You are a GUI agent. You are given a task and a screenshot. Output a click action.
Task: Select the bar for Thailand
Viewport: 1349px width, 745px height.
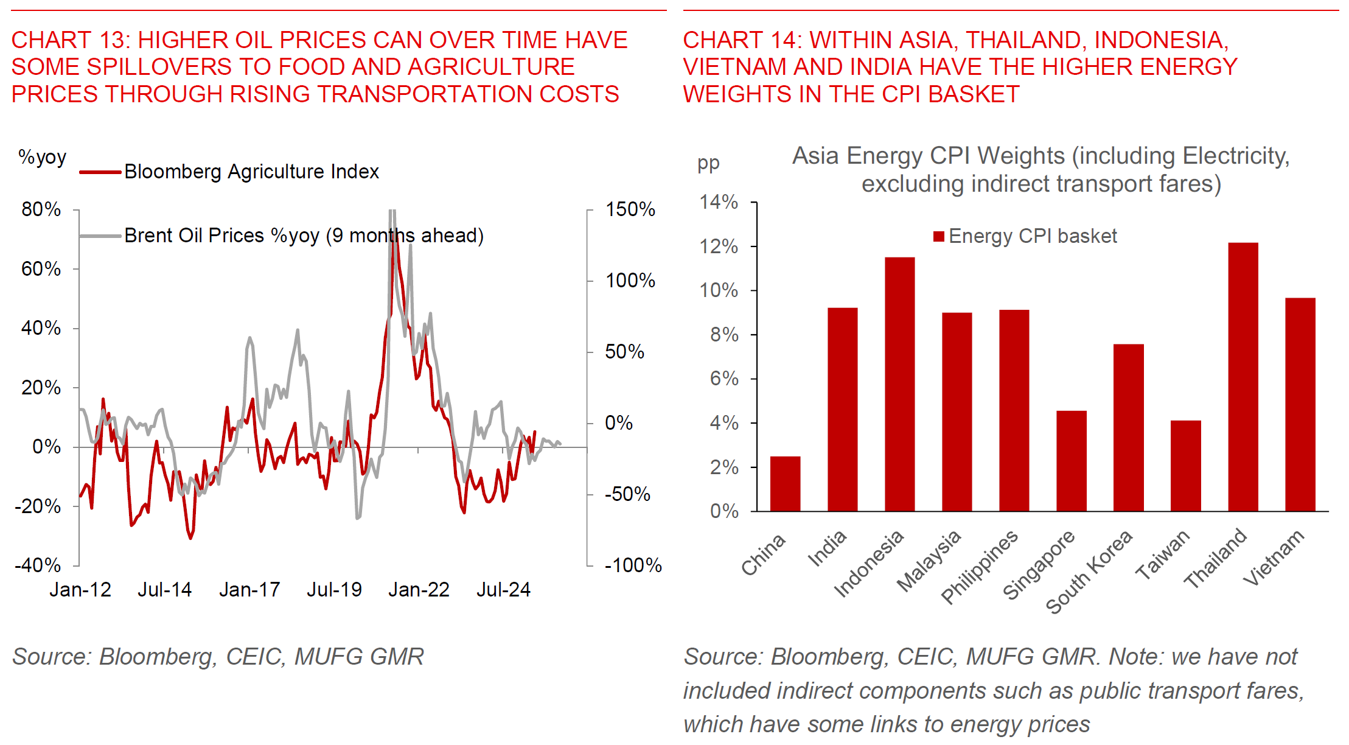point(1243,377)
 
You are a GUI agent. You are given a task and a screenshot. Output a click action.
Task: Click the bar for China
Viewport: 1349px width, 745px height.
point(785,484)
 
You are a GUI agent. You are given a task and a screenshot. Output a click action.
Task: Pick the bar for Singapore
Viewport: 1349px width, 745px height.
point(1071,461)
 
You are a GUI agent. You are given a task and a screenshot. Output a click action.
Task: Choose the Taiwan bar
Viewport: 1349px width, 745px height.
point(1185,466)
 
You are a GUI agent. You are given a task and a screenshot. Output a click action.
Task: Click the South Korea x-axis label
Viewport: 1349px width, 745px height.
point(1089,572)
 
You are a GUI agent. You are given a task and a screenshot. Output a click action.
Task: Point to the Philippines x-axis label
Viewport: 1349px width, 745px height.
point(980,566)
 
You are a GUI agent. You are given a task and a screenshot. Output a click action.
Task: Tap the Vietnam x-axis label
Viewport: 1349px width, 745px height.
point(1273,558)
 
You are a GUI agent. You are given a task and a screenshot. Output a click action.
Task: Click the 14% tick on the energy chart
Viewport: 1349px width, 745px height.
point(719,202)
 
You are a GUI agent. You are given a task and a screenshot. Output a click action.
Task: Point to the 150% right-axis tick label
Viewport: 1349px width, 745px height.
point(630,209)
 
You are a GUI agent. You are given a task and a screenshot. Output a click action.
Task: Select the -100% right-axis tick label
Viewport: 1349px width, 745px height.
point(633,565)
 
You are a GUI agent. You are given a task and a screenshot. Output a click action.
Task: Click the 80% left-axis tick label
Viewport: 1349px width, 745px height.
point(41,209)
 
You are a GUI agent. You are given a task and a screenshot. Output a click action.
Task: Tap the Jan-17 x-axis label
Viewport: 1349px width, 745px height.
point(249,590)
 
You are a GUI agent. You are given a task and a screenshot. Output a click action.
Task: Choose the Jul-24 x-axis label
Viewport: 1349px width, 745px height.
point(503,590)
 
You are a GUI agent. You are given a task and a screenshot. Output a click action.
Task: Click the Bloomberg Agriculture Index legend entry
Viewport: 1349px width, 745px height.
point(251,172)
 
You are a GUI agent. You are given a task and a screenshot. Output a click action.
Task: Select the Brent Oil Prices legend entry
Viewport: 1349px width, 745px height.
point(303,236)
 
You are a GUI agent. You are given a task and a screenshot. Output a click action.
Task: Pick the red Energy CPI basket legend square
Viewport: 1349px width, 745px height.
point(939,236)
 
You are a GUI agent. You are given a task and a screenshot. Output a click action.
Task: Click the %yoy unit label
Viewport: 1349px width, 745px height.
point(42,157)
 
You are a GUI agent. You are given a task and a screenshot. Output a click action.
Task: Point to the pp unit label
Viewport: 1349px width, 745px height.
point(708,163)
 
